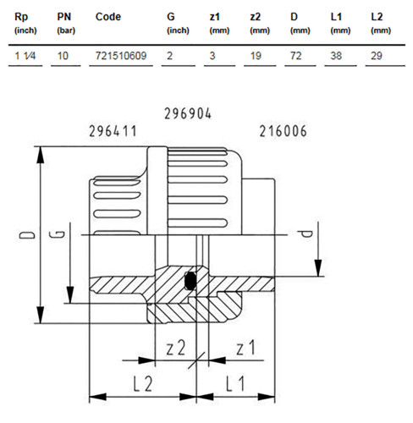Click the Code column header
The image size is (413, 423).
click(x=108, y=17)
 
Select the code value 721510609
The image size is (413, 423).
click(x=121, y=56)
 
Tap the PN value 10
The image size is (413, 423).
click(x=63, y=56)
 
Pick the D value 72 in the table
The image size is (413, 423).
click(x=296, y=56)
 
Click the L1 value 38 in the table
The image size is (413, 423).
click(x=336, y=56)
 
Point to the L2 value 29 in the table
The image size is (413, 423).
click(x=377, y=56)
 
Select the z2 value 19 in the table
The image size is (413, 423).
click(x=256, y=56)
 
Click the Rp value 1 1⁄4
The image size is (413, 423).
click(x=25, y=56)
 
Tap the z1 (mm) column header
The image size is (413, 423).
click(x=219, y=23)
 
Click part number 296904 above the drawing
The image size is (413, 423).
click(x=188, y=114)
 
